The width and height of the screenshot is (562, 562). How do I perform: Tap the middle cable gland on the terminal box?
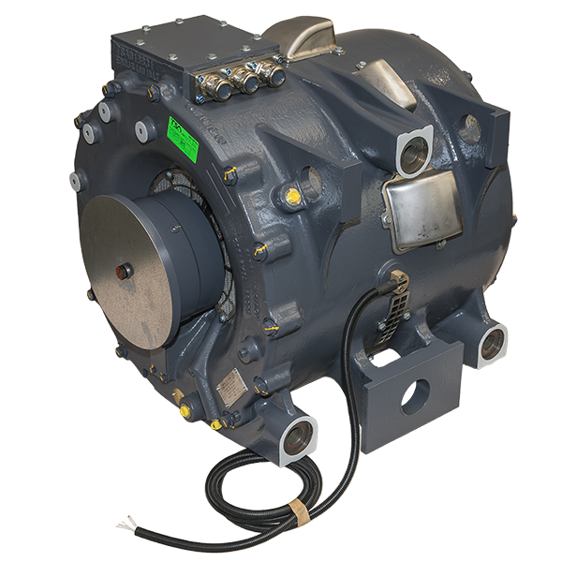coord(246,81)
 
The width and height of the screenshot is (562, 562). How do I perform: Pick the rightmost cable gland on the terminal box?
coord(274,72)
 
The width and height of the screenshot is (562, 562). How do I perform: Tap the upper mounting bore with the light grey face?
coord(413,151)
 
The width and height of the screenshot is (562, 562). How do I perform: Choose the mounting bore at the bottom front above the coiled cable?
coord(297,436)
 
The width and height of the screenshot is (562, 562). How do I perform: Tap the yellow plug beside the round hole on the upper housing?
coord(293,195)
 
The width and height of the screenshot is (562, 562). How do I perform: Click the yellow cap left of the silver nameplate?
coord(184,408)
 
